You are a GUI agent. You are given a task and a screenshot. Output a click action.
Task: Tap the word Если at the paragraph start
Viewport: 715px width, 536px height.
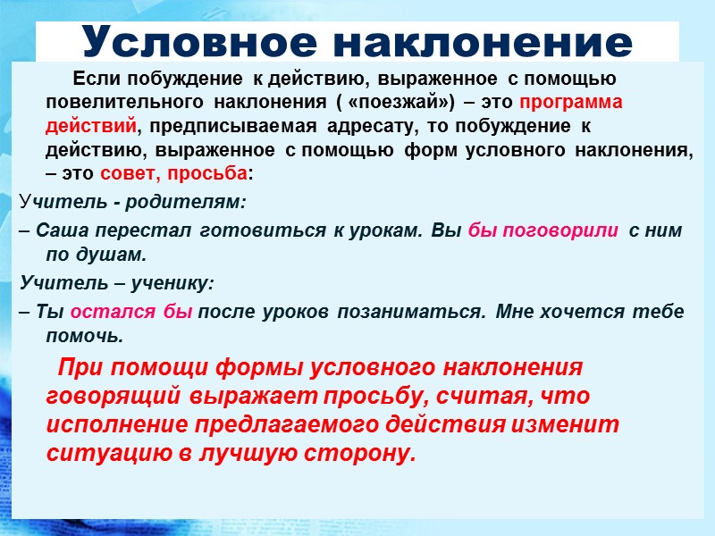coord(90,78)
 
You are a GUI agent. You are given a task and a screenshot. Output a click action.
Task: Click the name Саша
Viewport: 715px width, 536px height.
coord(55,230)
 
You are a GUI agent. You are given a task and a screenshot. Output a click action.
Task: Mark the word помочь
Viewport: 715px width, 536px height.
coord(84,337)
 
